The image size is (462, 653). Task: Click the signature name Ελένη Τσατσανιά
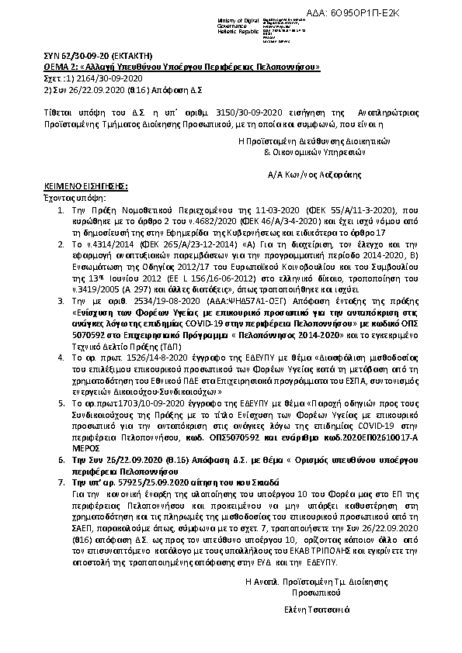click(318, 608)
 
